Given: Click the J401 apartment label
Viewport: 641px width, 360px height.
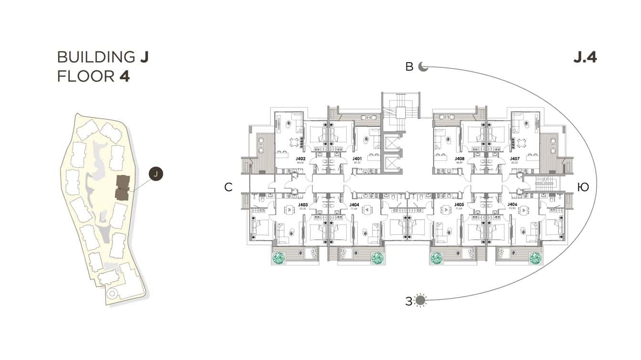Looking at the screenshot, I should [357, 159].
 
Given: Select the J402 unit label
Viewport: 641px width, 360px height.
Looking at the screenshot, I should [300, 159].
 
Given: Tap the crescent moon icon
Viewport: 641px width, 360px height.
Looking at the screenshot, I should [423, 67].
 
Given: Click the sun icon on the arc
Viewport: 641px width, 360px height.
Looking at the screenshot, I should [420, 300].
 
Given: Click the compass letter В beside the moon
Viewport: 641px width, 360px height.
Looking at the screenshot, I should [409, 67].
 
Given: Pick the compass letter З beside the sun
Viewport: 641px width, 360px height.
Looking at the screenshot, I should [408, 301].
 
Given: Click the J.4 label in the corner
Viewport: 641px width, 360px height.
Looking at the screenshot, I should [585, 57].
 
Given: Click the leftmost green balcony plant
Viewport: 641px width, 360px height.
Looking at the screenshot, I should [278, 258].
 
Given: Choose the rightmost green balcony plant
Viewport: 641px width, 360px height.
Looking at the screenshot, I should [535, 258].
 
